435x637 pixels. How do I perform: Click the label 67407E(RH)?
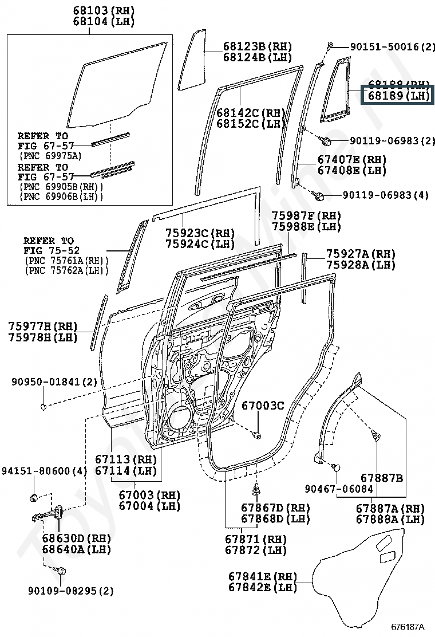(x=352, y=159)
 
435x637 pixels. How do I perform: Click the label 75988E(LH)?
(x=306, y=226)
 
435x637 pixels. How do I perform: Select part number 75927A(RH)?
(x=361, y=254)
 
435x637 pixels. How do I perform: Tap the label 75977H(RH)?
(x=43, y=326)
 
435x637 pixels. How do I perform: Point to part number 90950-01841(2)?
(x=55, y=382)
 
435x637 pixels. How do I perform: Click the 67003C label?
(x=262, y=406)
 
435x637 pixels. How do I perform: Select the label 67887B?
(x=382, y=477)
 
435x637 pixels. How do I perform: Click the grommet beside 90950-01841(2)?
(x=43, y=407)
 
